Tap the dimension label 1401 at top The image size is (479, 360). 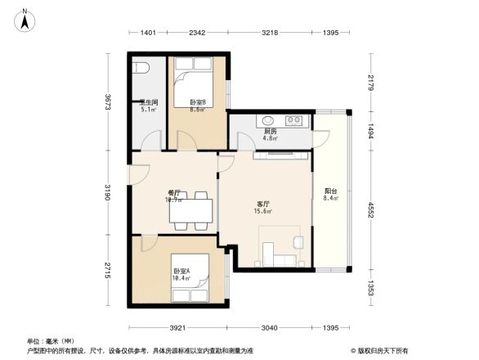(148, 33)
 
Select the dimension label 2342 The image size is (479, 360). (197, 33)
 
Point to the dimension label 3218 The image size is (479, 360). (271, 33)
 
